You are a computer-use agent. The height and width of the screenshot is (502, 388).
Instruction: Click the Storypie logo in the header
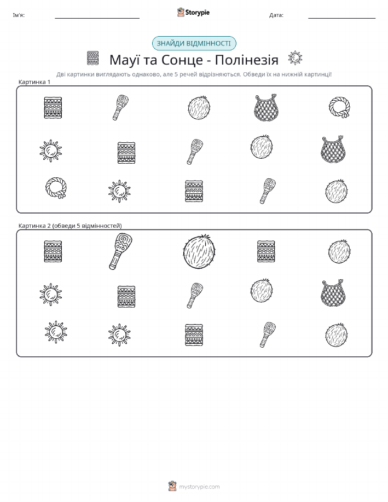(x=193, y=13)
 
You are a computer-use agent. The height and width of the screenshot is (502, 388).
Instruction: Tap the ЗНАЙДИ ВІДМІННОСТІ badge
(x=194, y=44)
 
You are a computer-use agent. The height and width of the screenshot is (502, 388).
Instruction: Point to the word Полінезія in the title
(x=246, y=60)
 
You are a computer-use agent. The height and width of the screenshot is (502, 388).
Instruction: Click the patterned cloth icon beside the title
(x=93, y=58)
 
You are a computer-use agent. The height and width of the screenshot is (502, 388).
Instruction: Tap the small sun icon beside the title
(x=295, y=58)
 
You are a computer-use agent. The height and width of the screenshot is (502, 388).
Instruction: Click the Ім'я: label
(x=19, y=15)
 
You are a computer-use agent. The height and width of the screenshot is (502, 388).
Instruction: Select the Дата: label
(x=276, y=15)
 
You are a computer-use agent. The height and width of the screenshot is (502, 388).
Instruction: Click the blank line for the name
(x=97, y=18)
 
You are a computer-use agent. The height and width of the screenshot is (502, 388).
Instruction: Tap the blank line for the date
(x=341, y=18)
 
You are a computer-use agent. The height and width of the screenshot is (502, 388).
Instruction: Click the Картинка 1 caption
(x=34, y=82)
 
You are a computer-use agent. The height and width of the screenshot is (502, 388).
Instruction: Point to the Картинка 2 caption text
(x=70, y=226)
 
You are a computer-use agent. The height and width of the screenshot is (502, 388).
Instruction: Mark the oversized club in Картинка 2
(x=120, y=251)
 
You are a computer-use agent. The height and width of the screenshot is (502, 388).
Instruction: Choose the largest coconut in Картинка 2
(x=200, y=251)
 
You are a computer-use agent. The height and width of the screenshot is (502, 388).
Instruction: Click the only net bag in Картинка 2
(x=333, y=293)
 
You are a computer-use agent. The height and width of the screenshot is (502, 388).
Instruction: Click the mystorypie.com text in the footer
(x=199, y=487)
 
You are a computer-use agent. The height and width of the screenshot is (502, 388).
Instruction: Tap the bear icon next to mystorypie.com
(x=172, y=486)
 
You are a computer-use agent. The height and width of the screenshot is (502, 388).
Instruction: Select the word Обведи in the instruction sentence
(x=253, y=74)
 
